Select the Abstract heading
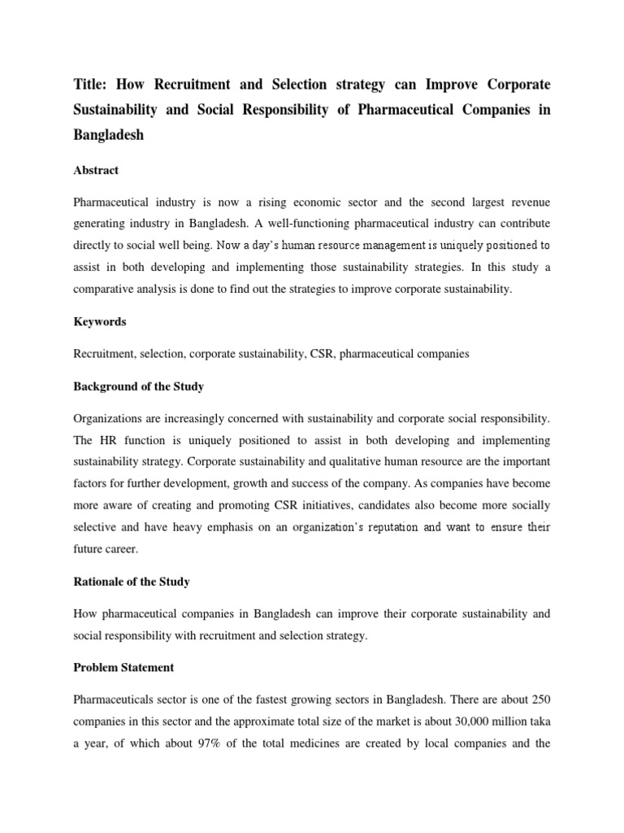click(x=96, y=171)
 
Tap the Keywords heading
click(x=99, y=322)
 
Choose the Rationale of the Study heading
click(x=131, y=582)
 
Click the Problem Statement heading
click(x=123, y=668)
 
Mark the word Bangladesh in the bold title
click(x=108, y=136)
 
